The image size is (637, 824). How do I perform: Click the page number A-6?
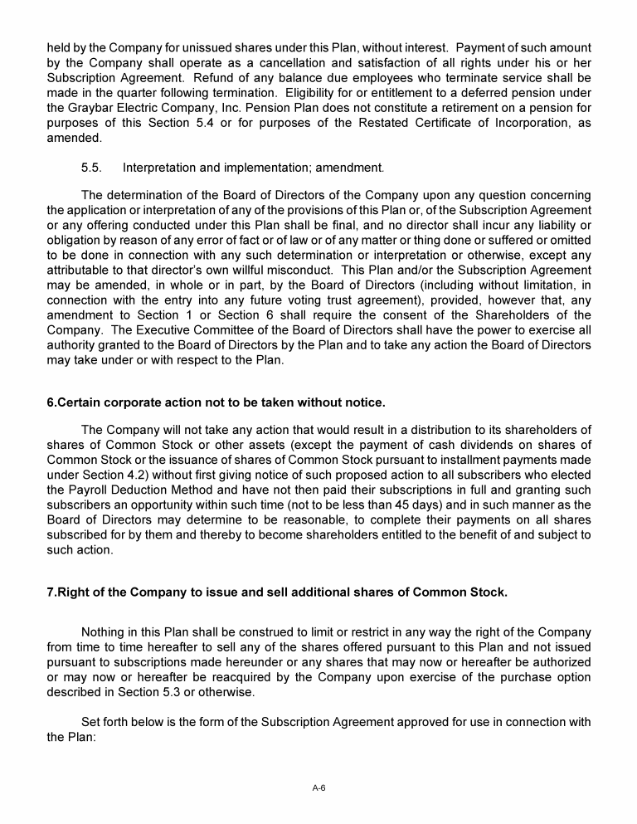[x=318, y=787]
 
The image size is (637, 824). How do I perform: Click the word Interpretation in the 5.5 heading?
[x=163, y=168]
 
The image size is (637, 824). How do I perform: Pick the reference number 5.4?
[x=205, y=124]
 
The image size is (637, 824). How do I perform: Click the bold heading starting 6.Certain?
[x=216, y=402]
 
